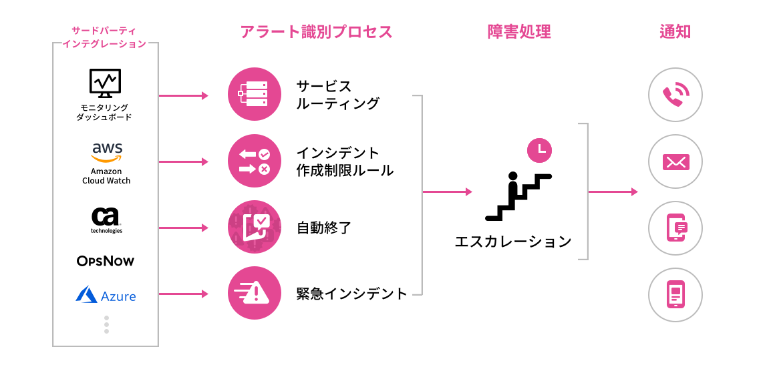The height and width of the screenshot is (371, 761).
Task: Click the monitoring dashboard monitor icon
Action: coord(105,83)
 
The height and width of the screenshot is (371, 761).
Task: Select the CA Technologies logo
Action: coord(106,218)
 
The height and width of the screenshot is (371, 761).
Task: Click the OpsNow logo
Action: coord(106,260)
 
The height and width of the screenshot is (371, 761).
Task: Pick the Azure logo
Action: coord(106,295)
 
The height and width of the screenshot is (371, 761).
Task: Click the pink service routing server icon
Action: coord(254,95)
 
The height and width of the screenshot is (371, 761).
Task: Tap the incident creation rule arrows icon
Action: coord(254,161)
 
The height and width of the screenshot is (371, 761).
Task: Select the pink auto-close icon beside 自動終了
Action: coord(254,227)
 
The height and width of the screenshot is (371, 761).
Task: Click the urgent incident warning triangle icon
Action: coord(254,292)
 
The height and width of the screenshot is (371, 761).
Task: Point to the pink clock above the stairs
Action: coord(540,149)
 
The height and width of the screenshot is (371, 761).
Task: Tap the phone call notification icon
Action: coord(675,95)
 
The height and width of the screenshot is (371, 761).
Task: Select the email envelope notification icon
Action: coord(675,161)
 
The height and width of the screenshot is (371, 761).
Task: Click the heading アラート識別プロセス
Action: coord(317,32)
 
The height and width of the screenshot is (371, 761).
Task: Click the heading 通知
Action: coord(675,32)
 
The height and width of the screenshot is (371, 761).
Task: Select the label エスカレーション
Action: coord(513,241)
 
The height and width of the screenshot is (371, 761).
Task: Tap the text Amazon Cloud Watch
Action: coord(106,176)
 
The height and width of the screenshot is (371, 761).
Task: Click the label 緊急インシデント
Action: coord(352,293)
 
